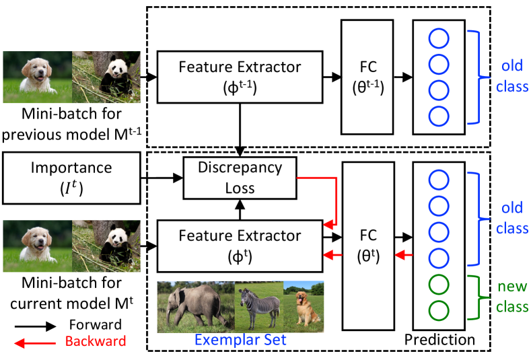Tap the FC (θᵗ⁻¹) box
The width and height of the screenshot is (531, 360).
pyautogui.click(x=369, y=77)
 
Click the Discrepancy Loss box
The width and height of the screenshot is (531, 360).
pyautogui.click(x=240, y=178)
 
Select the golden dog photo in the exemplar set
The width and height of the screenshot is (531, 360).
pyautogui.click(x=302, y=306)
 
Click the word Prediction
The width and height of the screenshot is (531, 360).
pyautogui.click(x=439, y=340)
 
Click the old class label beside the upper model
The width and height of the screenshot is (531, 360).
pyautogui.click(x=514, y=77)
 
